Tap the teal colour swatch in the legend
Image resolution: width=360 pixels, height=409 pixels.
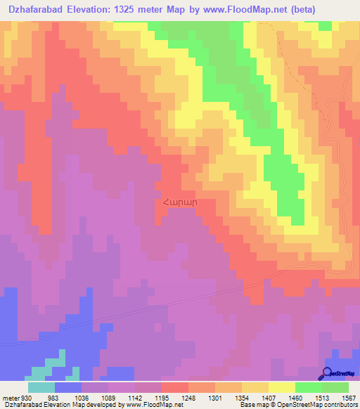[41, 387]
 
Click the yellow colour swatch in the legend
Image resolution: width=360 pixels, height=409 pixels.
[282, 387]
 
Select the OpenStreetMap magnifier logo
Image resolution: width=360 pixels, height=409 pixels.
[328, 373]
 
